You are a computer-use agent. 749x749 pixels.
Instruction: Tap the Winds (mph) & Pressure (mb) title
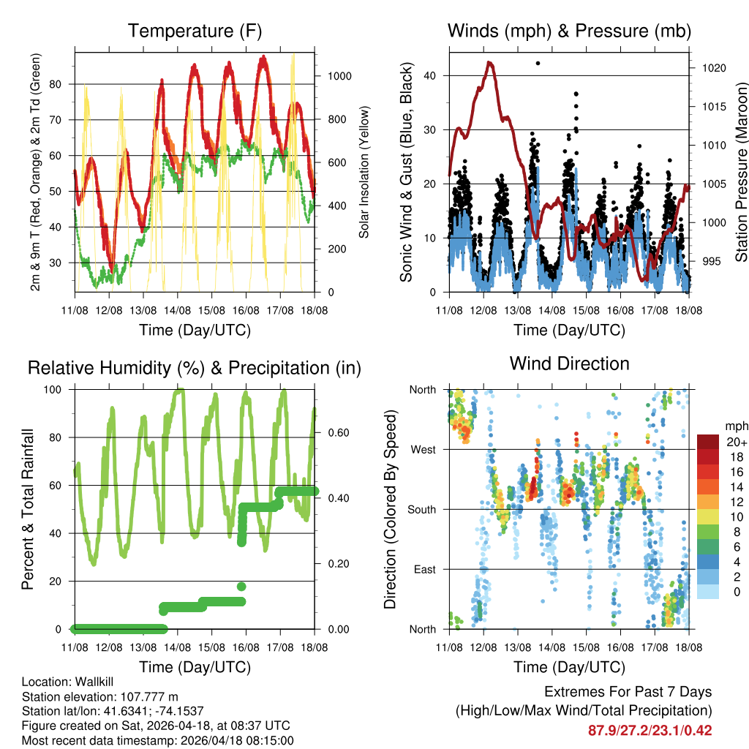coord(569,31)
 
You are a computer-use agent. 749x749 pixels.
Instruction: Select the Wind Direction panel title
coord(569,364)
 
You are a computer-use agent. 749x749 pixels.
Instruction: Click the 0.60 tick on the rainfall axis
coord(334,432)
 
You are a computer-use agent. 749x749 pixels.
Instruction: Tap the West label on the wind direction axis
coord(424,449)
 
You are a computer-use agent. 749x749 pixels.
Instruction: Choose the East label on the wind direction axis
coord(424,569)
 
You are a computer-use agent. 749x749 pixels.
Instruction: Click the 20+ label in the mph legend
coord(737,442)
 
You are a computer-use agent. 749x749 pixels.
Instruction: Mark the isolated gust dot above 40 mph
coord(538,64)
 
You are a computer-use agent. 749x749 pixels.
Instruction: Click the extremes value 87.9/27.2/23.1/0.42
coord(650,730)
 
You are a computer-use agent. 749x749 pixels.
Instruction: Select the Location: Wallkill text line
coord(69,682)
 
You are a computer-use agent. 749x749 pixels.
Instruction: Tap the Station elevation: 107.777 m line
coord(100,696)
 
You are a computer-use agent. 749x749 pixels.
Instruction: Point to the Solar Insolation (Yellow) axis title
coord(364,172)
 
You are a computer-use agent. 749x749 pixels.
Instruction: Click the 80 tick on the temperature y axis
coord(63,83)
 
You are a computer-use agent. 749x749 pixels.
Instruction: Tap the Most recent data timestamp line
coord(158,740)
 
